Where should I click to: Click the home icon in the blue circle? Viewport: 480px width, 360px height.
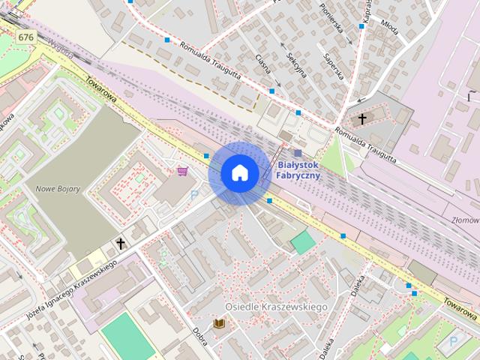(x=239, y=172)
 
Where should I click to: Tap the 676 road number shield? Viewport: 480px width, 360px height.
(x=26, y=37)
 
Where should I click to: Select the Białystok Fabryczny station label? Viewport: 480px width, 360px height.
(x=298, y=169)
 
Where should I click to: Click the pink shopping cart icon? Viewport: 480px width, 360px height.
(x=182, y=171)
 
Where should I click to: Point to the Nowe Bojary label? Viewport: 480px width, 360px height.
(x=58, y=188)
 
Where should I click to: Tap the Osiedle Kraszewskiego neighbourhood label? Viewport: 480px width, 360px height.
(x=276, y=307)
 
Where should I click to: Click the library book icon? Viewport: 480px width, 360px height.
(x=219, y=323)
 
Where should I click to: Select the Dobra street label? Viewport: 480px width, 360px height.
(x=199, y=337)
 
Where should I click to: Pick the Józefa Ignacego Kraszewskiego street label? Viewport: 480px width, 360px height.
(x=72, y=289)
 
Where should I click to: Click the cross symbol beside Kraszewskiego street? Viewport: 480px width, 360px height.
(x=120, y=244)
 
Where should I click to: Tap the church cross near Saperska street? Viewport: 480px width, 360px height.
(x=362, y=118)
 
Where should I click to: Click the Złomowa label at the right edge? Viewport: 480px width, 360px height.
(x=465, y=220)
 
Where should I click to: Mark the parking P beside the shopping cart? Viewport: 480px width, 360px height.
(x=194, y=195)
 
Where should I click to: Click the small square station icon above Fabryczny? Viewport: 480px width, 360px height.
(x=298, y=153)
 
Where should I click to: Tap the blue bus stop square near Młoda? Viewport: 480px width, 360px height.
(x=361, y=26)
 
